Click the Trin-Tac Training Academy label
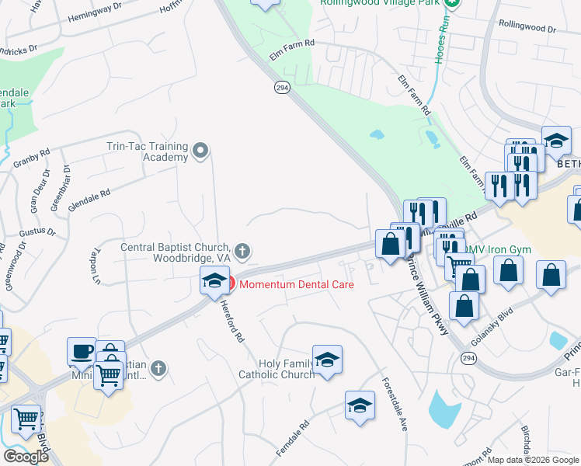[148, 151]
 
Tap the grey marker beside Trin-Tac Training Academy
[201, 151]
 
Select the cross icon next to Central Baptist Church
[242, 250]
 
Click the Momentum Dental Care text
[296, 285]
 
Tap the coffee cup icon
[82, 350]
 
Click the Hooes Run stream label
[440, 40]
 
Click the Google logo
[26, 456]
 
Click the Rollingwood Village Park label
[381, 2]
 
